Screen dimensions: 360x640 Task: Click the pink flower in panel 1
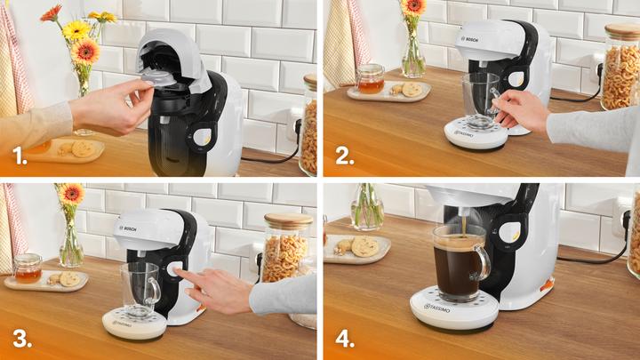(x=51, y=12)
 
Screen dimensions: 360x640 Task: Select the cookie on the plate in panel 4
(x=364, y=245)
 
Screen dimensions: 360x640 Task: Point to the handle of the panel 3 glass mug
(x=153, y=291)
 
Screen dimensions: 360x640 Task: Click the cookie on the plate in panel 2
(x=411, y=89)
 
